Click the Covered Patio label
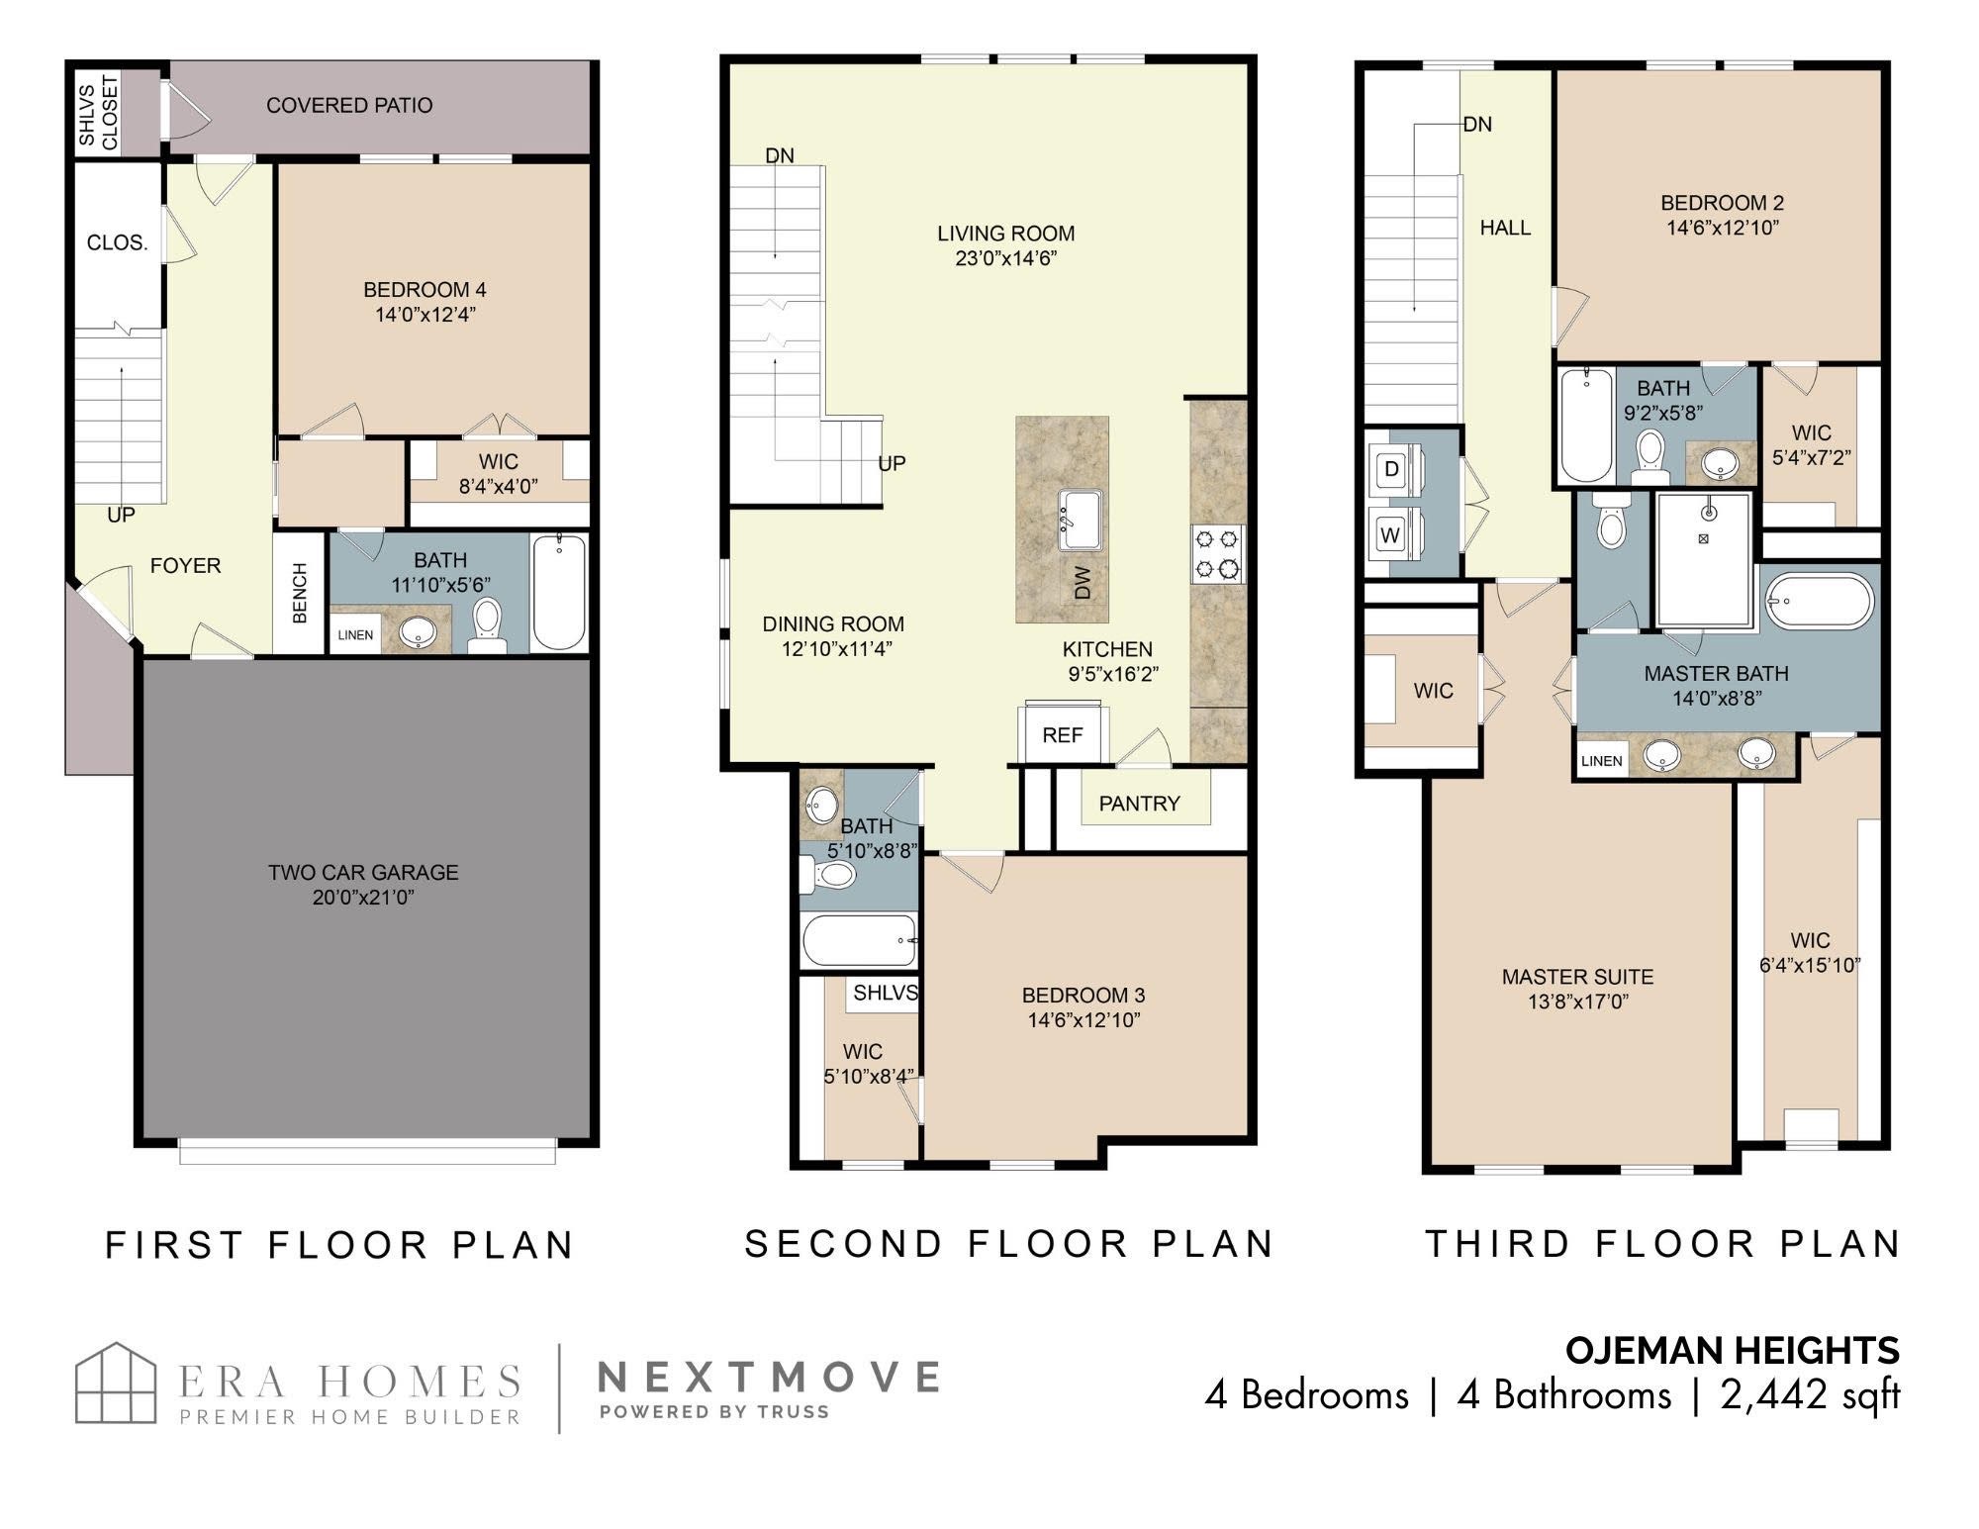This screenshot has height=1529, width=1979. click(349, 105)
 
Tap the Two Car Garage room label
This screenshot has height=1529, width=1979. click(363, 873)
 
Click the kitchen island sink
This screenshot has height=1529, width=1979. click(1083, 520)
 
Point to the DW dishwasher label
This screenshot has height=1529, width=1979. click(1083, 582)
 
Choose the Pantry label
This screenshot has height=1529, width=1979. click(1140, 804)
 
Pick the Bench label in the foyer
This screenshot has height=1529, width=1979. click(300, 593)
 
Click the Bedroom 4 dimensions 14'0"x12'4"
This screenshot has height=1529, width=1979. click(425, 316)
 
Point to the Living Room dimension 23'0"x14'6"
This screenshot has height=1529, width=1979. click(1006, 259)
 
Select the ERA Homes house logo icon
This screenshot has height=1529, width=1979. click(117, 1383)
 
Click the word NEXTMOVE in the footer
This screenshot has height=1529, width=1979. click(769, 1377)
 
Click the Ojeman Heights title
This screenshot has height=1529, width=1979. click(1732, 1350)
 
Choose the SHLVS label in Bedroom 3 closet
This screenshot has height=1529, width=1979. click(886, 993)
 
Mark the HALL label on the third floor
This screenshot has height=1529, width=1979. click(1505, 228)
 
